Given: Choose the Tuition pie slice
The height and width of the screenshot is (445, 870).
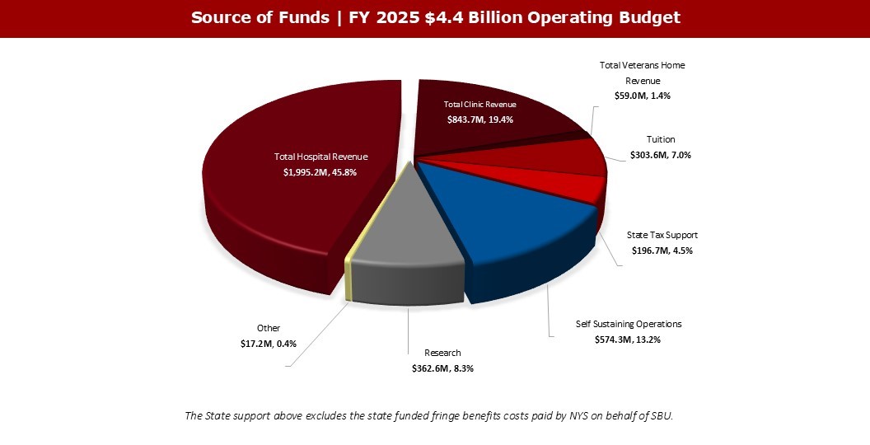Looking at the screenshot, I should (560, 157).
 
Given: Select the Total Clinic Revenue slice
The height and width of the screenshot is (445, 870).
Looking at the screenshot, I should (486, 128).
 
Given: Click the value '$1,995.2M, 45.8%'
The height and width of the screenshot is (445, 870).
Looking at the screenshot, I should (320, 172).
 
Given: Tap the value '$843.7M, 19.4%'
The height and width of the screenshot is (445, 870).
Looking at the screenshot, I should (479, 119).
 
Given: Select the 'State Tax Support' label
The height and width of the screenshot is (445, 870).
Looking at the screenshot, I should (662, 235).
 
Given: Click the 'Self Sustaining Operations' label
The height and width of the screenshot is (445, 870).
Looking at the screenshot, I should (629, 324).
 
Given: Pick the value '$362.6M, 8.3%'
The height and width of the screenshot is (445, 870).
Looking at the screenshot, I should (442, 368).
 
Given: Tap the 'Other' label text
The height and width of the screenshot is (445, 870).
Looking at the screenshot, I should (269, 328).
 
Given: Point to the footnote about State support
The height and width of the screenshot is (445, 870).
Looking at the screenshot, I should (429, 415).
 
